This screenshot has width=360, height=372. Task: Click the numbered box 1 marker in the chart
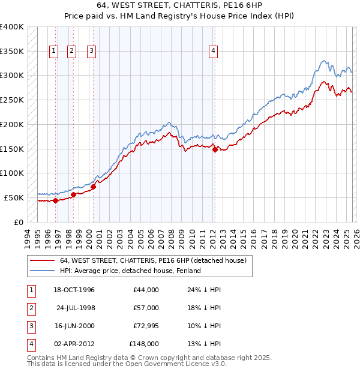point(54,52)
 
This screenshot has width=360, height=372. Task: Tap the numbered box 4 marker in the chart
point(214,52)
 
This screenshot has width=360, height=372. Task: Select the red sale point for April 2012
point(214,150)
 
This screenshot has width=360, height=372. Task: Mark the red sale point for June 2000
point(93,187)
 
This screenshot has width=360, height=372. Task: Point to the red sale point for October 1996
point(55,200)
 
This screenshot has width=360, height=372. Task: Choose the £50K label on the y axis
point(14,197)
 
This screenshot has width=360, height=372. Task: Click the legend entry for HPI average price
point(130,271)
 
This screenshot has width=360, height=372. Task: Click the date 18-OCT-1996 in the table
point(74,290)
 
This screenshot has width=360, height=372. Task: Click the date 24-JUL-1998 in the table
point(76,308)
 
